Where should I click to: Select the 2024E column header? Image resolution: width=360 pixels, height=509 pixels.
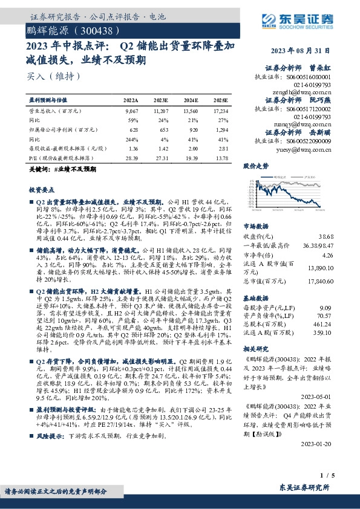tap(190, 100)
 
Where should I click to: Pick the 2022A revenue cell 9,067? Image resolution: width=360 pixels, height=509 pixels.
tap(131, 112)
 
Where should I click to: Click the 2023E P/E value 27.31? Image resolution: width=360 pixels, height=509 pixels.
tap(161, 157)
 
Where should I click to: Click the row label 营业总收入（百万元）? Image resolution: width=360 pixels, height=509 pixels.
tap(55, 112)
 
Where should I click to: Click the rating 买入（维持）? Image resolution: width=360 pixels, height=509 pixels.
tap(54, 77)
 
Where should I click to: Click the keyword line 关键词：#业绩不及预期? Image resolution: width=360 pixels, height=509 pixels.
tap(63, 170)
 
